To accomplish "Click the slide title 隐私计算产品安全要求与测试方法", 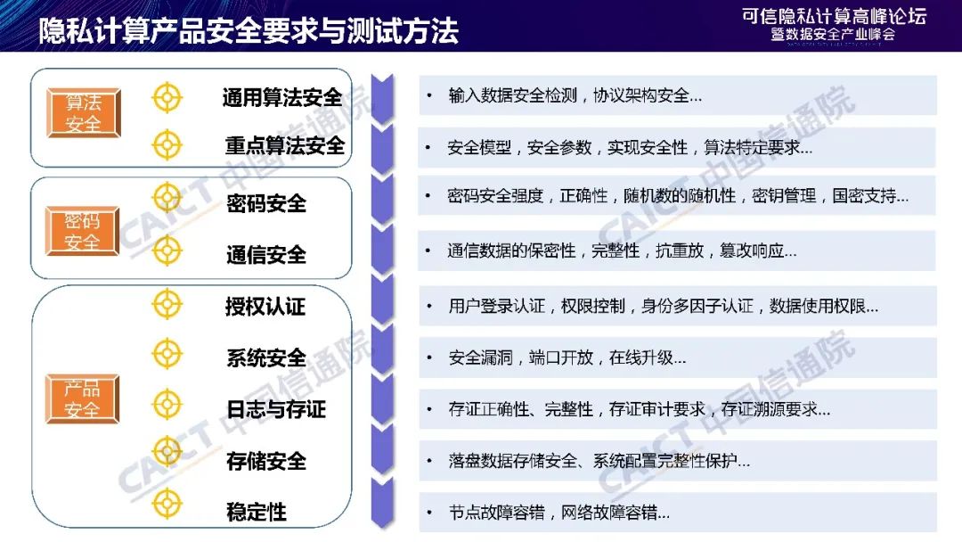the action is click(249, 30).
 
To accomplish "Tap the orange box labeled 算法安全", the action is click(84, 113).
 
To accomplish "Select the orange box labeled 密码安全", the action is click(82, 231).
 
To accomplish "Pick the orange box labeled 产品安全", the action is click(82, 399).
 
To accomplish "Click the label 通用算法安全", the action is click(282, 97).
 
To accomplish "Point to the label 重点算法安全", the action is click(285, 145).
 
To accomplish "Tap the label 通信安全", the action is click(266, 254).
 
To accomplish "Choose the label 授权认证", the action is click(265, 306).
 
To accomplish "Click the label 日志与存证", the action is click(276, 409).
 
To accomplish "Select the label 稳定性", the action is click(257, 512).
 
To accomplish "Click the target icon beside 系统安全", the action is click(167, 354).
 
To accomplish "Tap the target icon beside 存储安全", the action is click(167, 452).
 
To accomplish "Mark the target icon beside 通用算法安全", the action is click(167, 97).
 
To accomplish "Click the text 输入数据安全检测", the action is click(513, 95).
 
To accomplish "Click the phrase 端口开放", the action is click(561, 357).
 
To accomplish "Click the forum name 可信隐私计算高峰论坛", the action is click(834, 16).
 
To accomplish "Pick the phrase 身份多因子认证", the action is click(697, 306).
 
